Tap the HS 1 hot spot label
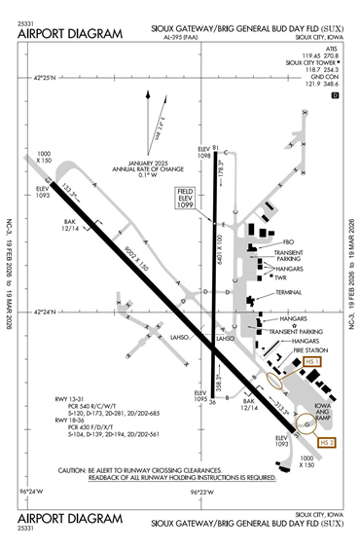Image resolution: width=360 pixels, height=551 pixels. (312, 361)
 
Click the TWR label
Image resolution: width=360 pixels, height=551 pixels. (280, 277)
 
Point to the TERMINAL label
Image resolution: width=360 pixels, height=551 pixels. (289, 292)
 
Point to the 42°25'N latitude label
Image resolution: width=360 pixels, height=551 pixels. (45, 77)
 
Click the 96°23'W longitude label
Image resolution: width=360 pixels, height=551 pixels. (201, 493)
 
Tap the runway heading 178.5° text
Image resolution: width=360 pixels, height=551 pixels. (221, 172)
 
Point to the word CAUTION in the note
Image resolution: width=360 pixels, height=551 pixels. (82, 469)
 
